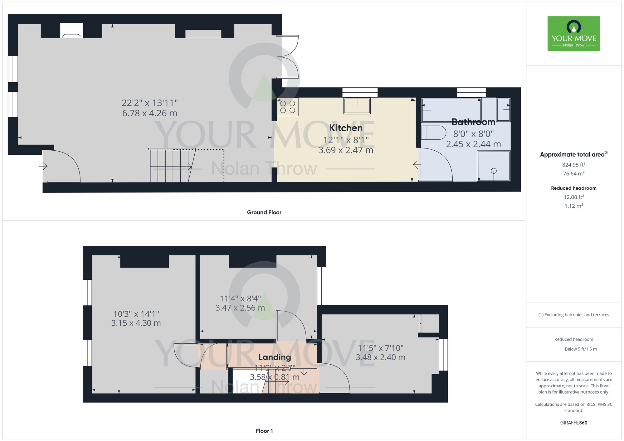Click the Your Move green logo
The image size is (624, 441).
(574, 34)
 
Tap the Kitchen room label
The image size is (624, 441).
(346, 128)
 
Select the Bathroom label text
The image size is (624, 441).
(473, 122)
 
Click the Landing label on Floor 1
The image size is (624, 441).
(275, 357)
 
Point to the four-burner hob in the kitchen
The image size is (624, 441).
(288, 107)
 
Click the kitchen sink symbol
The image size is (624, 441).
(357, 106)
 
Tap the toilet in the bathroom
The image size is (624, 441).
(434, 133)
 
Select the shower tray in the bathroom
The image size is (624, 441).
(494, 166)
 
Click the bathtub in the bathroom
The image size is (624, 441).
(451, 110)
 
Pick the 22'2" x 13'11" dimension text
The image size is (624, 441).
(150, 103)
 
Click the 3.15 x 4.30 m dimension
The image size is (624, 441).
(136, 323)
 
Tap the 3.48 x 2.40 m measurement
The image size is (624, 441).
(381, 357)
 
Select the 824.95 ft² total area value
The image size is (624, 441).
(574, 164)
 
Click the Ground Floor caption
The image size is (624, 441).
(264, 212)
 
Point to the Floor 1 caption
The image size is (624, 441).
(264, 431)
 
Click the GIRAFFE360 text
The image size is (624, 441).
(574, 423)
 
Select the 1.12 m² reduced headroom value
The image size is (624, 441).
(574, 206)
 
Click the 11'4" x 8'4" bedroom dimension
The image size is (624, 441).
(240, 299)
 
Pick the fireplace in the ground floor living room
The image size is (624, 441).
(72, 31)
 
